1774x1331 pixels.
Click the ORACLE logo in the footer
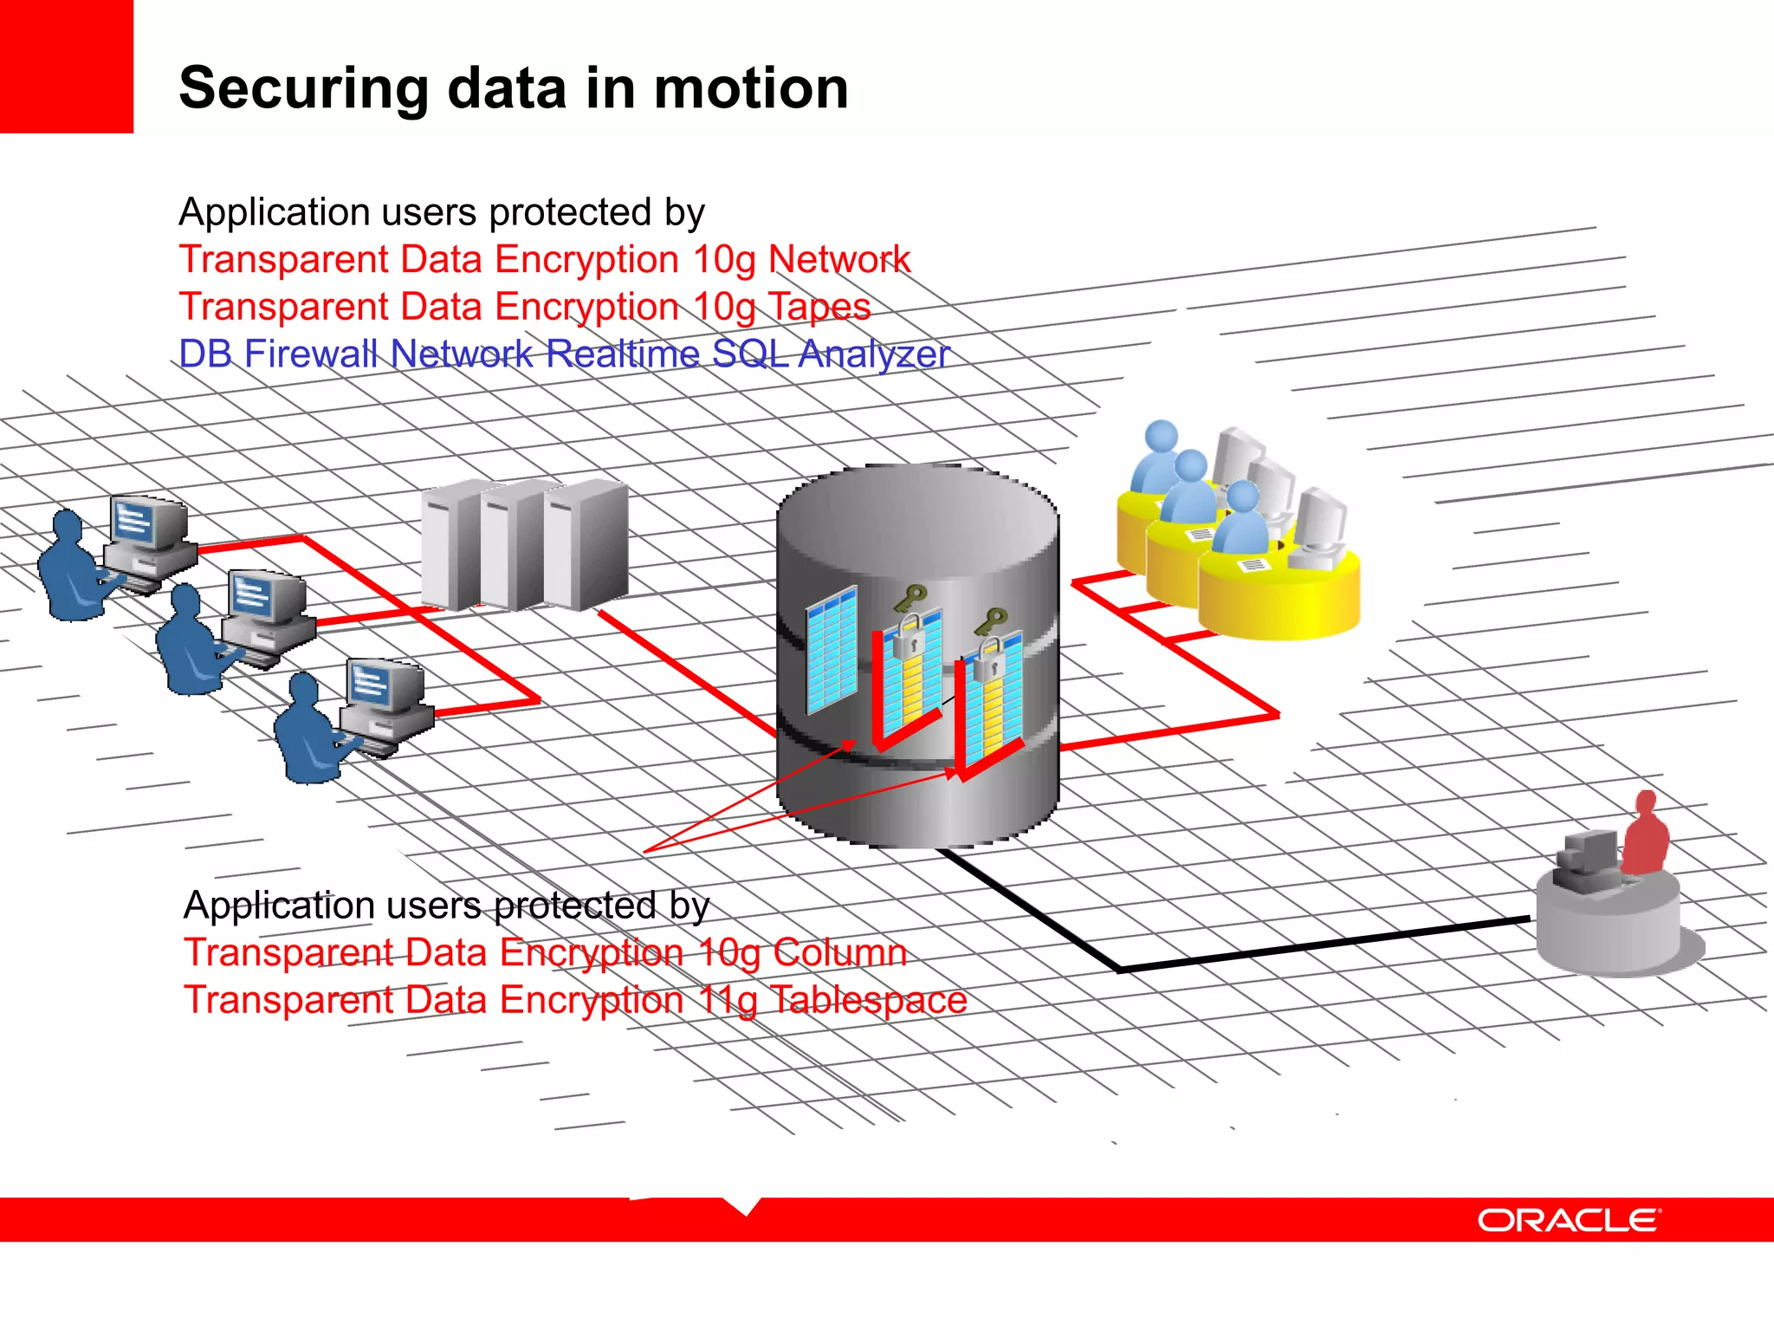tap(1569, 1220)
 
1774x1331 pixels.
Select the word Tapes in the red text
tap(819, 307)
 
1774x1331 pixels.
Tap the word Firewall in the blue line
tap(309, 354)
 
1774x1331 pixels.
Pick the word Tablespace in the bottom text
tap(868, 1000)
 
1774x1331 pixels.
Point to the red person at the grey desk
tap(1644, 835)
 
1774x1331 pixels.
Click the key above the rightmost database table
tap(990, 621)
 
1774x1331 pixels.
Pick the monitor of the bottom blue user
tap(382, 686)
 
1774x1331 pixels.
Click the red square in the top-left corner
tap(66, 66)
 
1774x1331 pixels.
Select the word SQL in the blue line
tap(749, 354)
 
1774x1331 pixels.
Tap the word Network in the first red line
tap(838, 259)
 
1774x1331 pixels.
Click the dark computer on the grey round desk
tap(1587, 858)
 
